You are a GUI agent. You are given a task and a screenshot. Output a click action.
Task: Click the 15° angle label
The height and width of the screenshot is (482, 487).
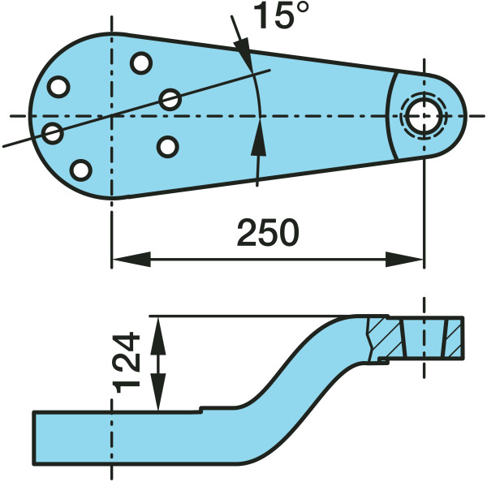(x=281, y=15)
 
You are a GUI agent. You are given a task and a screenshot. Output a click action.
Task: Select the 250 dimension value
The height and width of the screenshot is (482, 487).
(x=268, y=233)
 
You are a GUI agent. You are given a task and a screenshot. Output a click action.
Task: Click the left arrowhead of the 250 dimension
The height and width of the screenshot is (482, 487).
(x=131, y=259)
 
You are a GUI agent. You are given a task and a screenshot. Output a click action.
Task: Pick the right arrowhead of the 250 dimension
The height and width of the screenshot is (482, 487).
(x=405, y=259)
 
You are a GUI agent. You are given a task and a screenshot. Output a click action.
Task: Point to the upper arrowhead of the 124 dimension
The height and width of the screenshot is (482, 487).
(x=158, y=336)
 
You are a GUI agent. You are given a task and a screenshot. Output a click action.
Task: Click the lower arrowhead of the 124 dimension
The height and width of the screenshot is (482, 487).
(x=158, y=392)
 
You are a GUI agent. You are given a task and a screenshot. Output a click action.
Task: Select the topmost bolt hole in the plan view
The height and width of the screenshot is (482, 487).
(x=141, y=63)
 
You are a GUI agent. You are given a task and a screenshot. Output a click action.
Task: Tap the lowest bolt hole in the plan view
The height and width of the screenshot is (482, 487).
(x=80, y=170)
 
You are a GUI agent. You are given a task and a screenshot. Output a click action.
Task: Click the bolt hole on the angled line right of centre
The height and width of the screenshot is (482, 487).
(x=170, y=100)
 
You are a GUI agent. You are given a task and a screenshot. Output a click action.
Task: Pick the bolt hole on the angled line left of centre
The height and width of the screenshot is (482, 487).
(x=53, y=133)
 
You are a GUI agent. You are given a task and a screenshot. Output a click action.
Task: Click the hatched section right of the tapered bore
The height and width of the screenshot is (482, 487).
(x=455, y=338)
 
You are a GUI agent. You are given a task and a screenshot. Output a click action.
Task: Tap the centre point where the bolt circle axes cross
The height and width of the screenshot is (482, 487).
(x=112, y=116)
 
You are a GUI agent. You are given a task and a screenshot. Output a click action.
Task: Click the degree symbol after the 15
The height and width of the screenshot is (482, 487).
(x=301, y=9)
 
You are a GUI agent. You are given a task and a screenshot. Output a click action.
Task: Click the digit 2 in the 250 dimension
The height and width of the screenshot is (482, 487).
(x=248, y=233)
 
